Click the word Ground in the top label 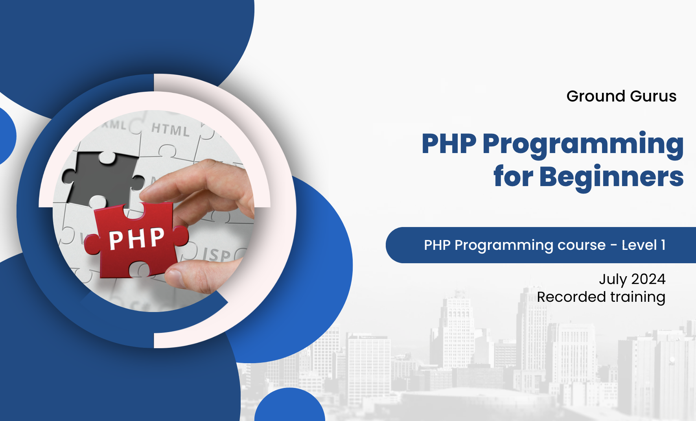click(x=596, y=96)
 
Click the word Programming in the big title click(x=583, y=144)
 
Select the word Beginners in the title click(x=611, y=177)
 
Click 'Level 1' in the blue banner click(x=643, y=245)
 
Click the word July click(x=613, y=279)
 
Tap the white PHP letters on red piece click(x=136, y=238)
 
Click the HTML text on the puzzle click(x=170, y=129)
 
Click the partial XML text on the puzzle click(x=114, y=125)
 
